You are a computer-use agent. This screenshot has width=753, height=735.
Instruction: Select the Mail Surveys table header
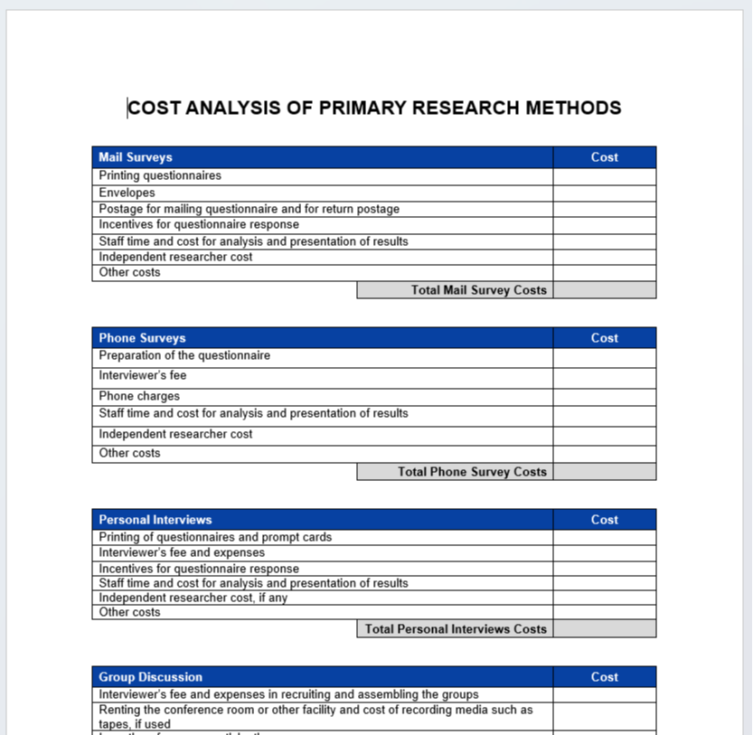tap(136, 157)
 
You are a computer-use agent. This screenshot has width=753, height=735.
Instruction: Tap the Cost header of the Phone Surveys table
tap(604, 338)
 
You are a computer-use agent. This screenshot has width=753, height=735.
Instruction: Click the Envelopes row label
tap(127, 193)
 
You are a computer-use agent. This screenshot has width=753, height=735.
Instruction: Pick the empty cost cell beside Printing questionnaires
tap(604, 176)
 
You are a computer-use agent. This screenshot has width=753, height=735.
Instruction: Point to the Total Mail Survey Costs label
tap(479, 290)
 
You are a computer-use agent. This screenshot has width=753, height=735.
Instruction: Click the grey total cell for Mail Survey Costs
tap(604, 290)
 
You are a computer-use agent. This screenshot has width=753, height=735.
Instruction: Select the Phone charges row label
tap(139, 396)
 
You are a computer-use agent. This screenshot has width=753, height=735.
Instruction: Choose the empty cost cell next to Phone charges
tap(604, 396)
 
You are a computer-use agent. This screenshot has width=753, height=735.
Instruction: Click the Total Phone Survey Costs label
tap(472, 472)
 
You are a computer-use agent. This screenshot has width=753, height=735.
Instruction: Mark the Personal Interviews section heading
tap(155, 520)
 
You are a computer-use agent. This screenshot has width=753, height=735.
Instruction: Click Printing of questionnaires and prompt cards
tap(215, 537)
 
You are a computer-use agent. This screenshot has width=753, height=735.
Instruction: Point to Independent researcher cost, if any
tap(193, 598)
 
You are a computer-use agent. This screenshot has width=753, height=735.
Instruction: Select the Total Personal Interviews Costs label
tap(456, 629)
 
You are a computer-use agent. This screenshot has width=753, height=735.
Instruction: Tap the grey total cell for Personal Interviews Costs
tap(604, 629)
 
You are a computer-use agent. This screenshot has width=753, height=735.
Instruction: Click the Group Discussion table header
tap(151, 677)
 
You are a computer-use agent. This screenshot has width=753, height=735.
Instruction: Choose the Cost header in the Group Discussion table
tap(604, 677)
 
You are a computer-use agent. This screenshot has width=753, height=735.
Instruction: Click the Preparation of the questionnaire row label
tap(184, 355)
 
